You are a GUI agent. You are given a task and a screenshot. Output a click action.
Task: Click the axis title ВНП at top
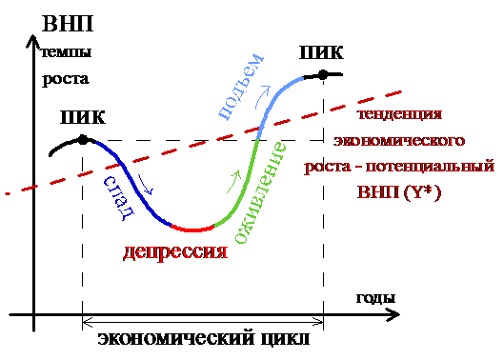[68, 24]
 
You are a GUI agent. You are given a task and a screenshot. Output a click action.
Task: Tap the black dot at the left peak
[83, 140]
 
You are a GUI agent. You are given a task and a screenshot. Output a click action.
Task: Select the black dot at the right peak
[323, 75]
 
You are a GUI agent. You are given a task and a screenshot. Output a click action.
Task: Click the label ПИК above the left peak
[83, 117]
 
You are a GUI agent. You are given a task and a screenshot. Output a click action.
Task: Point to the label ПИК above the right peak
[321, 52]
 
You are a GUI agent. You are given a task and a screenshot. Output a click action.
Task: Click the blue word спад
[118, 198]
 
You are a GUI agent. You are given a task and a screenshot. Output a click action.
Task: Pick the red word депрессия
[175, 251]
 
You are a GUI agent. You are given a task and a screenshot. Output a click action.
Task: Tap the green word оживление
[260, 192]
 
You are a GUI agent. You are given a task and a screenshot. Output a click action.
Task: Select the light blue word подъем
[241, 87]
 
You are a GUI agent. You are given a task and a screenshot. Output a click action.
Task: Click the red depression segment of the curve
[192, 230]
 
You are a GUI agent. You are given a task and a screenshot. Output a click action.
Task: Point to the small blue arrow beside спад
[146, 185]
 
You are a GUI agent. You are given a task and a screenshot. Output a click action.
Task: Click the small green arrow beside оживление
[233, 182]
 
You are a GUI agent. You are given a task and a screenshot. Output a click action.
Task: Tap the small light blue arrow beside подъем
[262, 97]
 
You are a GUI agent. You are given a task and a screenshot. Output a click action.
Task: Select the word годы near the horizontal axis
[375, 298]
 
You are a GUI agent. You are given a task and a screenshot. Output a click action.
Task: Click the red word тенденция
[400, 114]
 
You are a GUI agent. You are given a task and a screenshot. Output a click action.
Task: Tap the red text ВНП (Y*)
[399, 192]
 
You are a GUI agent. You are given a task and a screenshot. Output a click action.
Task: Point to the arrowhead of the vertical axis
[32, 42]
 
